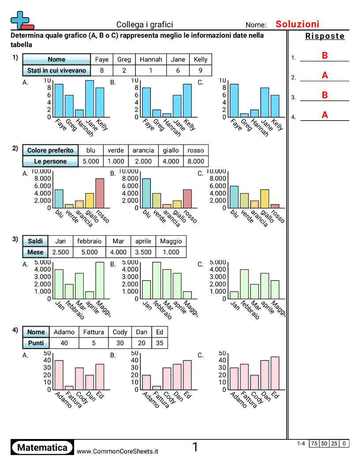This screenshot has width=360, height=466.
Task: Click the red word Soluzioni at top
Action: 297,24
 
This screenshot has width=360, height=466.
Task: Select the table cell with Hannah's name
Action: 151,60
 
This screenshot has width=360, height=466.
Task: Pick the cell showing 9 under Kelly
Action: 201,71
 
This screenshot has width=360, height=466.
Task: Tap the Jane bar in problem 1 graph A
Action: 90,99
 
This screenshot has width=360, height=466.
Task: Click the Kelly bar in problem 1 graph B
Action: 187,101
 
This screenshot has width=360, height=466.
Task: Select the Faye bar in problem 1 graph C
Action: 234,101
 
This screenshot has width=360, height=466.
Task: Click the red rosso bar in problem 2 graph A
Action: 100,193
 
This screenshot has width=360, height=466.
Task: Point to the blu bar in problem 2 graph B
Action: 146,193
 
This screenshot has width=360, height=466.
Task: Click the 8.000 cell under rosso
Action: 196,162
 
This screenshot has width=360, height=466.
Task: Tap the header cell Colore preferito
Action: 50,150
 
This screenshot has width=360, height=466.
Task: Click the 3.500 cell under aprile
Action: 142,252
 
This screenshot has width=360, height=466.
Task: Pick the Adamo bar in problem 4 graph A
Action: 59,375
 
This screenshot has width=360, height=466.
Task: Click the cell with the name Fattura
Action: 93,332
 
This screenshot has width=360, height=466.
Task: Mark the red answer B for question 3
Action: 325,95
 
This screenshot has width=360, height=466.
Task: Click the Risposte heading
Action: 325,37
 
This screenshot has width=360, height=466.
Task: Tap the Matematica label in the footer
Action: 42,448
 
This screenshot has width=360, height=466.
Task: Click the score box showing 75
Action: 314,443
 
